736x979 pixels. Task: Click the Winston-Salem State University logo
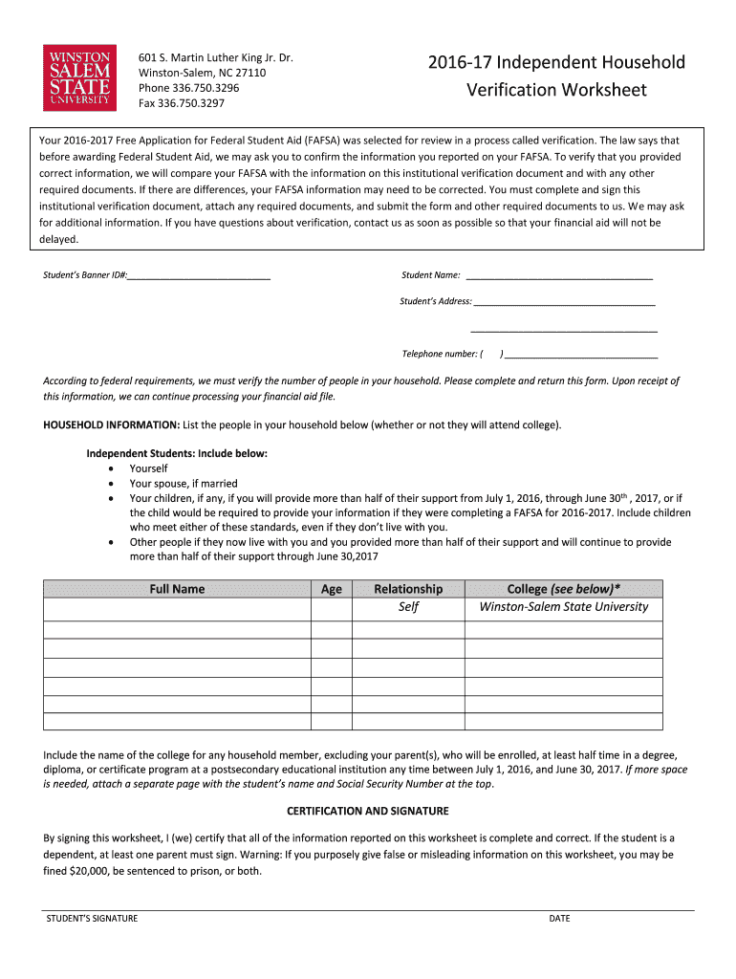tap(79, 76)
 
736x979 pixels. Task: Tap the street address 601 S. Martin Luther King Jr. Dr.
tap(216, 58)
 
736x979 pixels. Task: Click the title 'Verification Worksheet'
tap(556, 91)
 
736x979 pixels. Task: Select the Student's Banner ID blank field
tap(199, 276)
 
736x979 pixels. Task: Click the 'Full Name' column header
tap(177, 589)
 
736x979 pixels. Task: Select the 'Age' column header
tap(332, 589)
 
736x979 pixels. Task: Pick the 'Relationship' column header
tap(408, 589)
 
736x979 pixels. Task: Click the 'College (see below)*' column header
tap(563, 589)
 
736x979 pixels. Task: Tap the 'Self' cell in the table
tap(408, 607)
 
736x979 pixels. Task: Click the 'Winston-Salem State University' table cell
tap(563, 607)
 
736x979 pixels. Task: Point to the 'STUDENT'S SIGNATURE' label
tap(93, 919)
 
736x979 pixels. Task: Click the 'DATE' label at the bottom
tap(559, 919)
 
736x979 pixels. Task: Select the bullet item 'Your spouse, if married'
tap(184, 484)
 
